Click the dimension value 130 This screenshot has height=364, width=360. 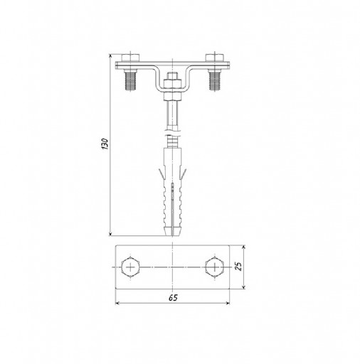click(x=105, y=144)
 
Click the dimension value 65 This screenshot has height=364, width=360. click(x=173, y=298)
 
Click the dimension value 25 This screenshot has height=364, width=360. click(x=239, y=267)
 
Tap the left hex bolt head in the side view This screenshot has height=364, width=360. click(x=130, y=58)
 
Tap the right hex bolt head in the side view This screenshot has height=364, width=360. click(x=215, y=58)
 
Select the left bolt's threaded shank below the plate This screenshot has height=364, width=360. click(x=130, y=81)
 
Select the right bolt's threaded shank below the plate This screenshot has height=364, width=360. click(x=215, y=81)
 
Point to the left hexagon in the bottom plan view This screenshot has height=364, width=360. click(x=130, y=267)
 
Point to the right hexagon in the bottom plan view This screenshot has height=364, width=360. click(x=215, y=267)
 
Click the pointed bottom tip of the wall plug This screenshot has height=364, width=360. click(x=173, y=235)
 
